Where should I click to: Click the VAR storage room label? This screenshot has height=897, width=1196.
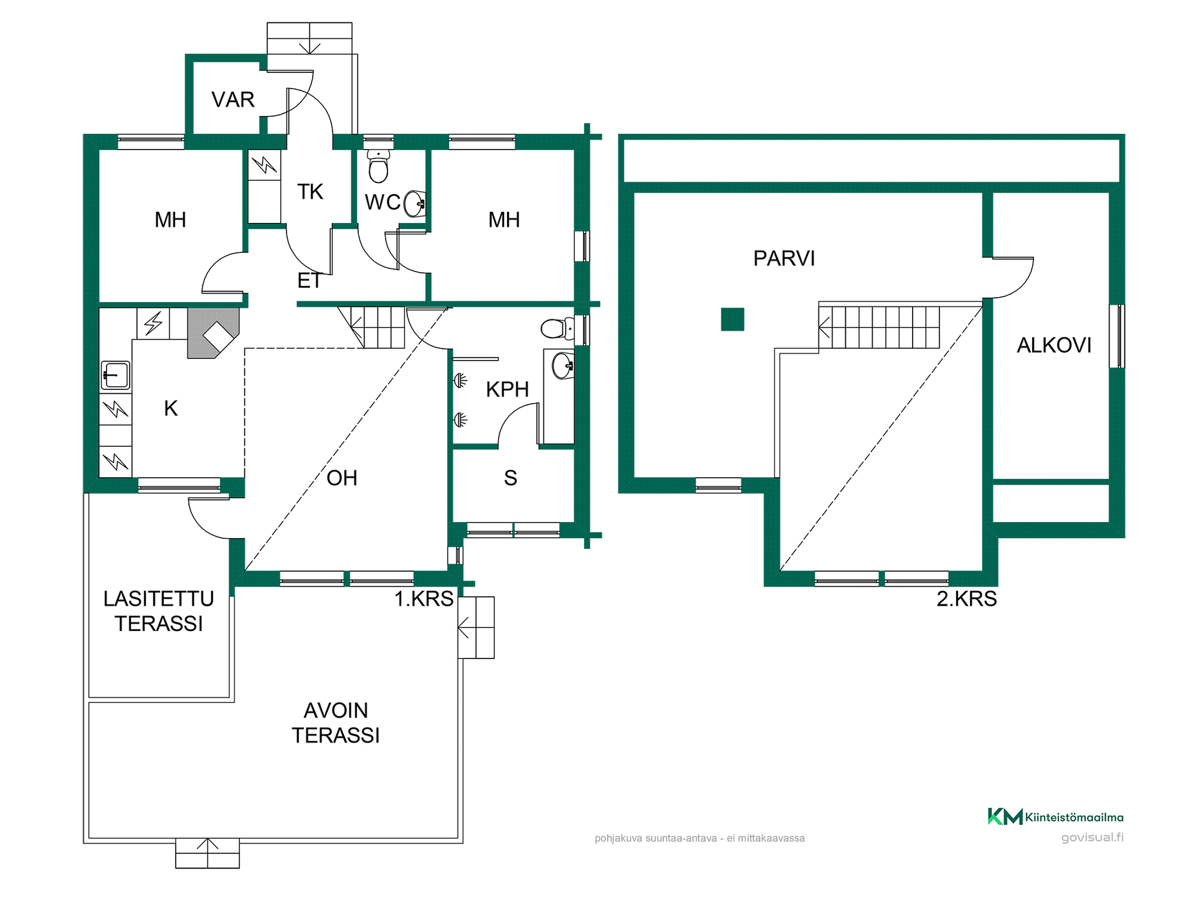[233, 100]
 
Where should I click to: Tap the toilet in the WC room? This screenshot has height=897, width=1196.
[378, 165]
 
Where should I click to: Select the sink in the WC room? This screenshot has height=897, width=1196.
[415, 204]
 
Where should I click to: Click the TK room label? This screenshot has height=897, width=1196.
[310, 192]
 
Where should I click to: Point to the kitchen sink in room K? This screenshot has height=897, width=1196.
[115, 376]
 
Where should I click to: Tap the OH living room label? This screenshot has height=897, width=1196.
[342, 478]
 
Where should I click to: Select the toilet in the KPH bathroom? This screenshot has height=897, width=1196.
[558, 328]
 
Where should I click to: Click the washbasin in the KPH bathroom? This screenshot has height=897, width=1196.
[563, 365]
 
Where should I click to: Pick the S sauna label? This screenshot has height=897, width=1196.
[511, 478]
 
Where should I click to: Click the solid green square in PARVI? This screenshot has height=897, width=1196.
[733, 320]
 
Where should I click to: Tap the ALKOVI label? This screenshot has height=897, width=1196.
[1054, 345]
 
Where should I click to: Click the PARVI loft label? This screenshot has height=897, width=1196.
[784, 259]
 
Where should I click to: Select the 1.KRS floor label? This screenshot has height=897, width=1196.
[424, 599]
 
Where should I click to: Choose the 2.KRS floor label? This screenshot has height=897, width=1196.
[967, 599]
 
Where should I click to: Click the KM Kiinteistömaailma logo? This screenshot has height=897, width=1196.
[1056, 817]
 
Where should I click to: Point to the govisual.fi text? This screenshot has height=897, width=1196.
[1093, 838]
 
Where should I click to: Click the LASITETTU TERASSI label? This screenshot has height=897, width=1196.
[159, 611]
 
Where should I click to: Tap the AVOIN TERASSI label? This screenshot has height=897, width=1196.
[336, 723]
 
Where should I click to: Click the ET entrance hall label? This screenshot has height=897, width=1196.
[310, 281]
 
